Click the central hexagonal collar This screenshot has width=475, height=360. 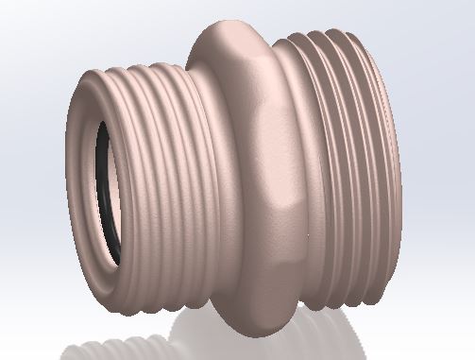(250, 170)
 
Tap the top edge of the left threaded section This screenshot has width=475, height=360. (142, 67)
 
